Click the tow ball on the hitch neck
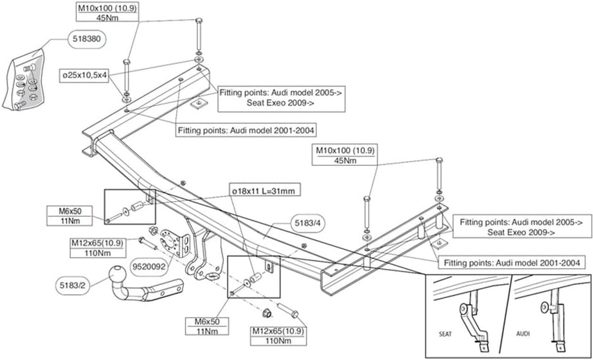click(120, 274)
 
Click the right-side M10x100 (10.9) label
click(345, 151)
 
